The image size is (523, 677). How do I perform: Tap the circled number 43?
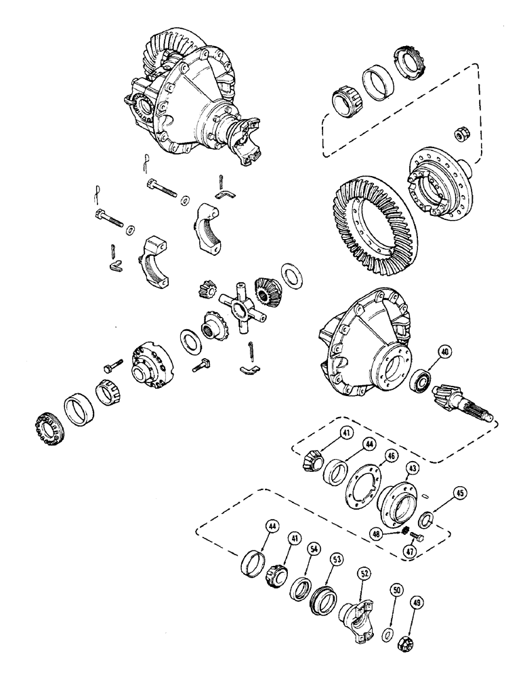click(411, 467)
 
